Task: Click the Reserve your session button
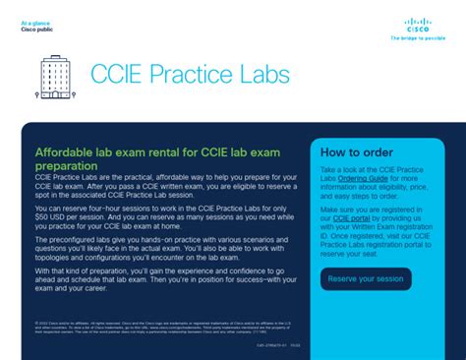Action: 366,278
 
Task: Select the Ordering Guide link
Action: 363,178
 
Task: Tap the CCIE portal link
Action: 351,217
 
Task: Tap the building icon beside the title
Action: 54,77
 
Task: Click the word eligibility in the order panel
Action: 398,186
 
